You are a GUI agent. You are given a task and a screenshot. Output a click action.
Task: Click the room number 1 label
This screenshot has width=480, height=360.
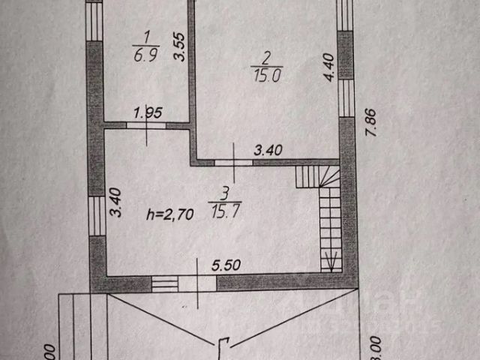tap(147, 34)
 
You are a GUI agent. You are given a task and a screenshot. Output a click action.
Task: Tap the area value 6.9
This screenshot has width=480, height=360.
tap(146, 55)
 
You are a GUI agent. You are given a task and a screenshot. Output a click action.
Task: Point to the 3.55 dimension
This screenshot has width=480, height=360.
tap(178, 50)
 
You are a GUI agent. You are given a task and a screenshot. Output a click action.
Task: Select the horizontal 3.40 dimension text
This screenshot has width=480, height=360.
tap(268, 151)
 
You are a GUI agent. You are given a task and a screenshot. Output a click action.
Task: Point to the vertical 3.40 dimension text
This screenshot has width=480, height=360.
tap(115, 202)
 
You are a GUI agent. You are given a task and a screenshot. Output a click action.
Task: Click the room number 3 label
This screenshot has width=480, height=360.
tap(229, 194)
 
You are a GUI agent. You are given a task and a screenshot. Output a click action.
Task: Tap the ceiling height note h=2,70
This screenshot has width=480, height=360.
tap(170, 214)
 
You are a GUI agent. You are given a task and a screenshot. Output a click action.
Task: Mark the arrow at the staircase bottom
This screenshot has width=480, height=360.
tap(330, 262)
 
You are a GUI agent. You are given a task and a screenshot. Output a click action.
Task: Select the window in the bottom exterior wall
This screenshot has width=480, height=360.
tap(164, 283)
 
